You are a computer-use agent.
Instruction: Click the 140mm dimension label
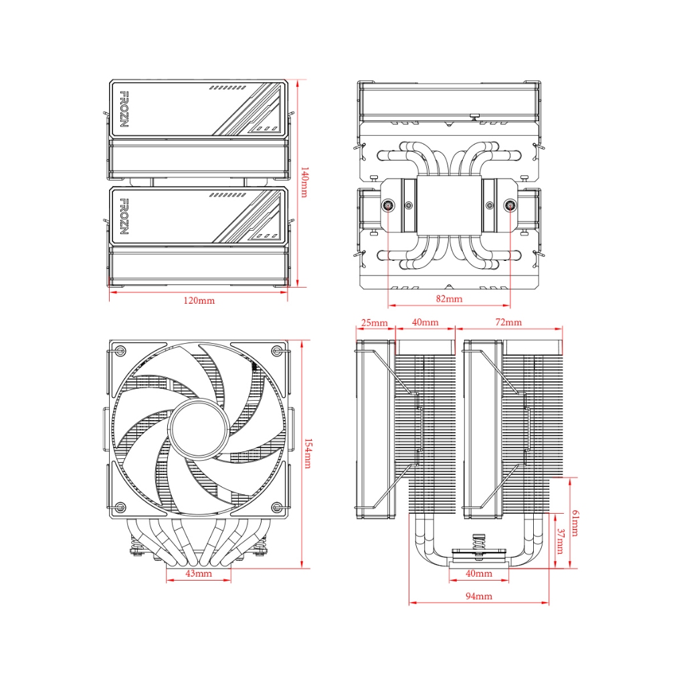(x=304, y=182)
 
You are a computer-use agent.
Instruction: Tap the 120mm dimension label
(x=199, y=300)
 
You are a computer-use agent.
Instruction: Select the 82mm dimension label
(x=449, y=299)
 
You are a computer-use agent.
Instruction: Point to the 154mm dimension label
(x=308, y=454)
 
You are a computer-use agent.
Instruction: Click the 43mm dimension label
(x=199, y=573)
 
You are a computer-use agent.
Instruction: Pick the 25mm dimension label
(x=375, y=322)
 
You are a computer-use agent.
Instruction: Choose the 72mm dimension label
(x=508, y=322)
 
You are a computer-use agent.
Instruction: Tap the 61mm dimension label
(x=575, y=523)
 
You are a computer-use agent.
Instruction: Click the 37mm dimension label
(x=561, y=541)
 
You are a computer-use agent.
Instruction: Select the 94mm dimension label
(x=479, y=596)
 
